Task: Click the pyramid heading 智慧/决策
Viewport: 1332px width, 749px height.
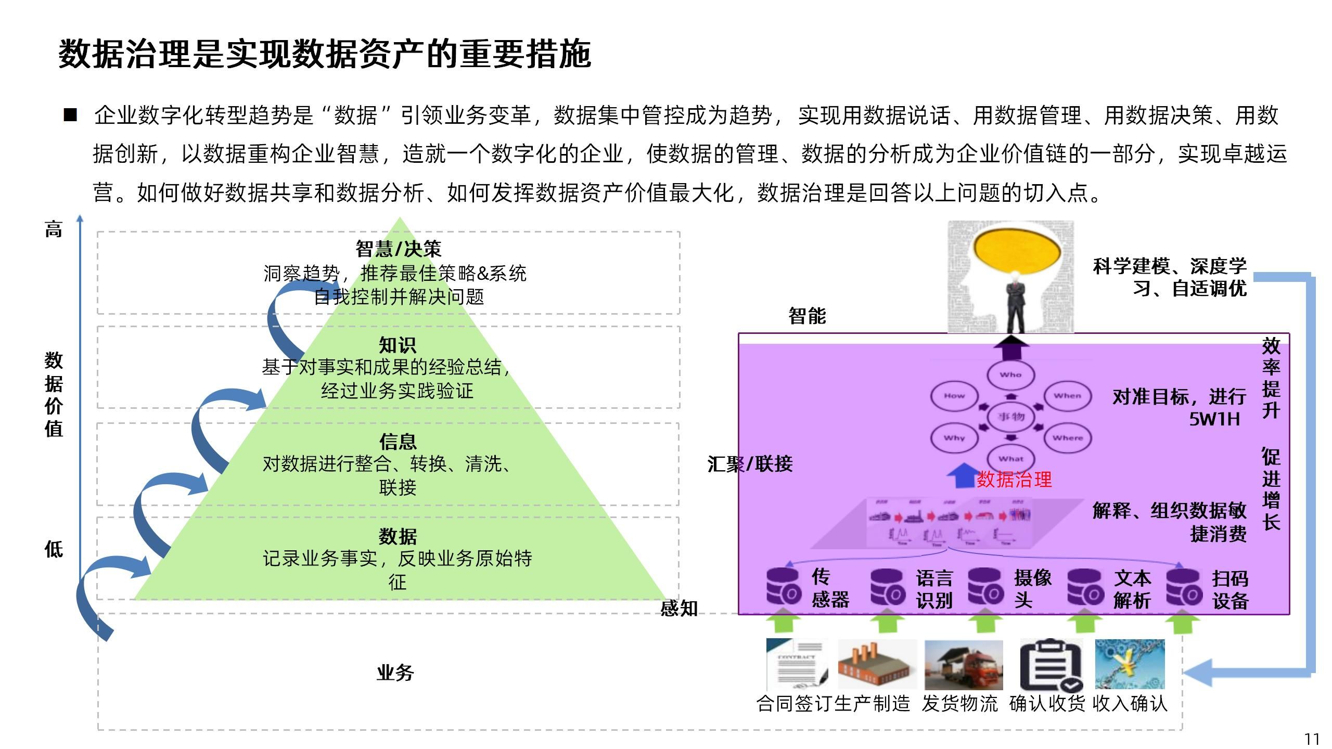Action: point(398,249)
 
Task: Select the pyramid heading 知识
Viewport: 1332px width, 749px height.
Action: point(398,345)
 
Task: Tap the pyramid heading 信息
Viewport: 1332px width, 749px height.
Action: point(398,442)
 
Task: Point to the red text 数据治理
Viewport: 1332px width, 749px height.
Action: point(1014,479)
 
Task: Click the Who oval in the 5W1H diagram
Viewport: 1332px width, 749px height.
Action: point(1010,374)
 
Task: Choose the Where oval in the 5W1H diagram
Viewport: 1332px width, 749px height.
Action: point(1068,438)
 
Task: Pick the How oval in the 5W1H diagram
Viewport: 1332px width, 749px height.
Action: point(954,396)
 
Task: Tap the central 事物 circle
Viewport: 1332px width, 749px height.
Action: point(1011,417)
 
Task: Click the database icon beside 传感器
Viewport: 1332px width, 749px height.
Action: point(784,586)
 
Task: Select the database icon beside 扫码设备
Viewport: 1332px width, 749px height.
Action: point(1184,587)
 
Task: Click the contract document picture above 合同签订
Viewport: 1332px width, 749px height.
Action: point(797,664)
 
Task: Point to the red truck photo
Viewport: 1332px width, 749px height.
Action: point(964,665)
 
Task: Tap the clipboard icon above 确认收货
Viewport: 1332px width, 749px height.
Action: point(1051,665)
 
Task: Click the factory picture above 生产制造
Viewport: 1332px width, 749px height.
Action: point(877,665)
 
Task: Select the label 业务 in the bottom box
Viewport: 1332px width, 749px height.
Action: point(395,673)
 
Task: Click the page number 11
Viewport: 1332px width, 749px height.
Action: point(1312,739)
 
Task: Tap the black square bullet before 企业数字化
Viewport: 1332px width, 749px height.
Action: point(70,114)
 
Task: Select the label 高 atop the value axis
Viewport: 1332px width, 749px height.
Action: point(54,229)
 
